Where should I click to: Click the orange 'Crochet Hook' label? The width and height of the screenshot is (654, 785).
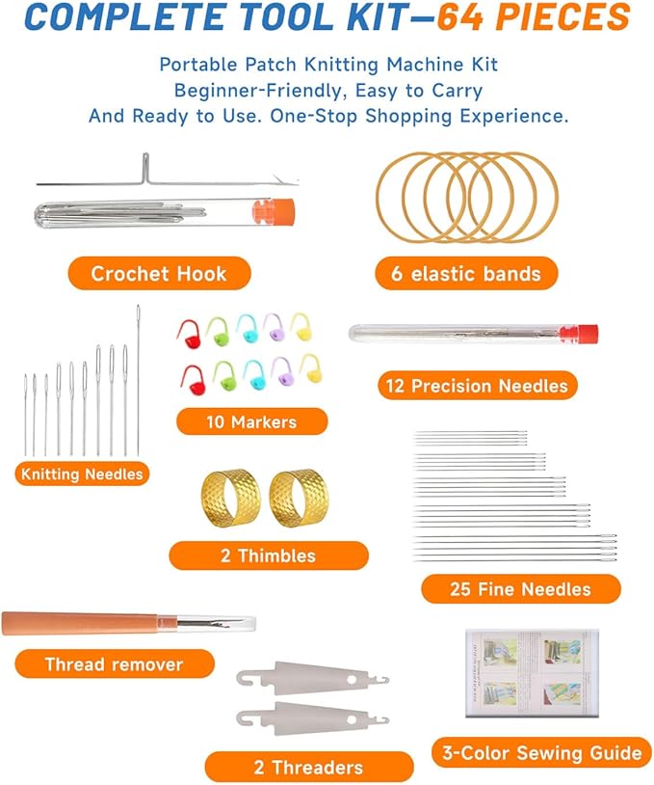pos(159,274)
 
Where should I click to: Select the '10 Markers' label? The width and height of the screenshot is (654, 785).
pos(251,421)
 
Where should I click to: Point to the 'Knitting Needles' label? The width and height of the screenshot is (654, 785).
pos(82,474)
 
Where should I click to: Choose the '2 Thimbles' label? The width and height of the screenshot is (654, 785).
pos(269,555)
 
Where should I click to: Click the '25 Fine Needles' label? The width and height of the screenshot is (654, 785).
pos(520,588)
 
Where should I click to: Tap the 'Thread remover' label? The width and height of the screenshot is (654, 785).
pos(114,664)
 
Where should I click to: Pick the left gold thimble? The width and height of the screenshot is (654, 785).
pos(229,499)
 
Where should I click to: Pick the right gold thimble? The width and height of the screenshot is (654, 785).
pos(297,499)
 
